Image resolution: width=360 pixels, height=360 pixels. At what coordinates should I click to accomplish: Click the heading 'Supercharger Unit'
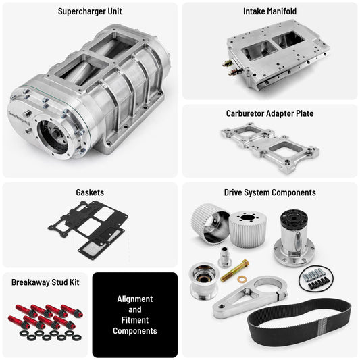pyautogui.click(x=90, y=11)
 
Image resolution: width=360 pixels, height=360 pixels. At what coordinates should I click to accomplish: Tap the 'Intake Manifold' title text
pyautogui.click(x=269, y=11)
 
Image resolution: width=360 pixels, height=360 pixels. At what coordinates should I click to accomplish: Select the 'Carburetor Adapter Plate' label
pyautogui.click(x=269, y=113)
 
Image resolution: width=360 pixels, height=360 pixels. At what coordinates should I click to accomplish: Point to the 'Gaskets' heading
pyautogui.click(x=89, y=192)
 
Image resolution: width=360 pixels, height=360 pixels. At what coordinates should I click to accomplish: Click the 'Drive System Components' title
pyautogui.click(x=269, y=192)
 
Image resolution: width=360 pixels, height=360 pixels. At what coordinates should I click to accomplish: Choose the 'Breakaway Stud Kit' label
pyautogui.click(x=46, y=281)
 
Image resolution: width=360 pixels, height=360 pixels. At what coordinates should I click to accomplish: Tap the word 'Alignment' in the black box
pyautogui.click(x=135, y=299)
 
